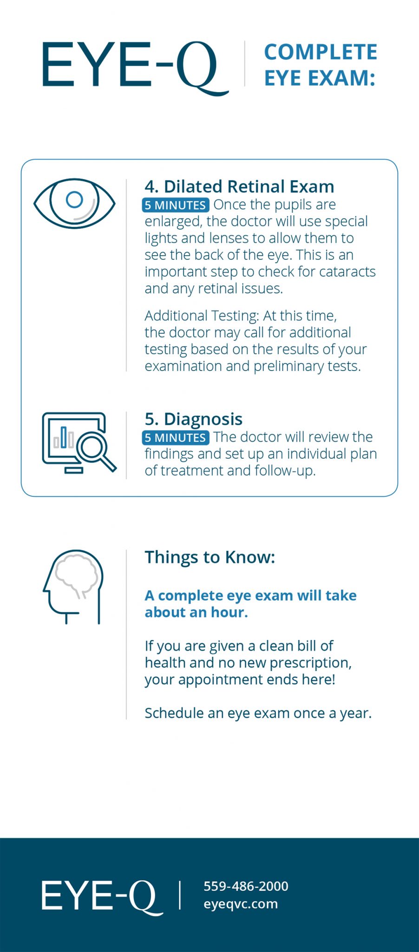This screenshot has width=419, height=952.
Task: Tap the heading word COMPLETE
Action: coord(321,52)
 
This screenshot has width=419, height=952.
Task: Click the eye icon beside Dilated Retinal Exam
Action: coord(74,203)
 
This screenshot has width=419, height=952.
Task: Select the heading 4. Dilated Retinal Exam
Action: coord(239,186)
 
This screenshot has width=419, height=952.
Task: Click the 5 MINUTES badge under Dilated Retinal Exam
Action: coord(175,205)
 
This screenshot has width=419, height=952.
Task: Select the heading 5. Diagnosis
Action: coord(193,419)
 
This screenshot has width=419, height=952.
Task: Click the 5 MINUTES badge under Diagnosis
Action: coord(175,437)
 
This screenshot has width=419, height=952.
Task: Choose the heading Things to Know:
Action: coord(209,557)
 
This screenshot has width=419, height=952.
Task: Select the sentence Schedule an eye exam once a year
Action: coord(258,713)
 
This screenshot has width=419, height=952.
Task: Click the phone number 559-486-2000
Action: coord(246,886)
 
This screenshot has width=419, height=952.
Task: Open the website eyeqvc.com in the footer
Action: coord(240,904)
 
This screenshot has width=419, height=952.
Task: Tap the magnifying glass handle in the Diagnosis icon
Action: coord(108,463)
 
